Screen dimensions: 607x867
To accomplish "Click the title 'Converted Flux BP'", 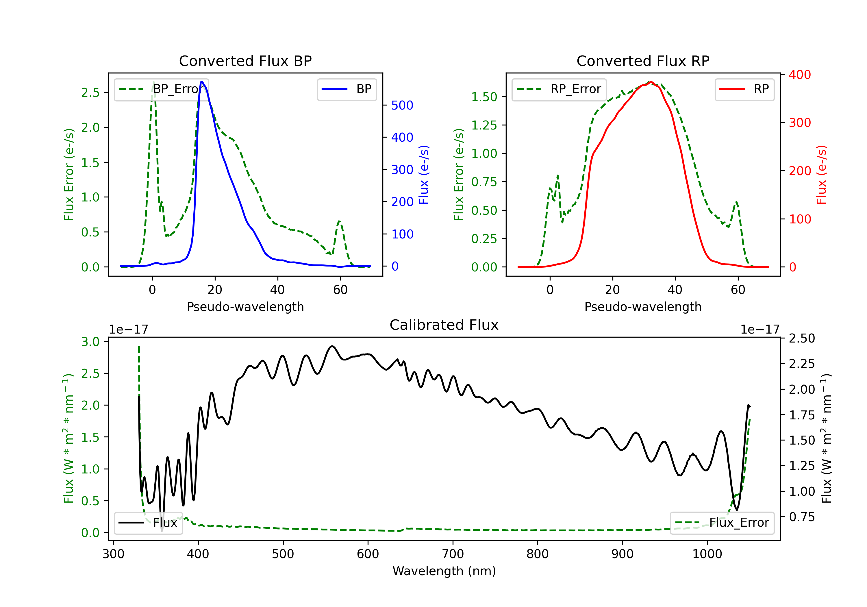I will tap(245, 61).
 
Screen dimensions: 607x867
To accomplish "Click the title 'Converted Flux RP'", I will tap(643, 61).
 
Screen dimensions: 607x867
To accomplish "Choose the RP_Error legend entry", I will tap(559, 89).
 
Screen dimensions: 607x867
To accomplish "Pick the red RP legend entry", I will tap(744, 89).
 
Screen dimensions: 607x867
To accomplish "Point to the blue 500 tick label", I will tap(402, 106).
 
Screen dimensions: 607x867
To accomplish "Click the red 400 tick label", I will tap(800, 75).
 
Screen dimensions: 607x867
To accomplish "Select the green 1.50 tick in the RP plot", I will tap(484, 97).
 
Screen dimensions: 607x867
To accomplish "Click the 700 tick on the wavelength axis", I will tap(453, 554).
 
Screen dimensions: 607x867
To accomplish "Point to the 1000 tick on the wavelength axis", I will tap(707, 554).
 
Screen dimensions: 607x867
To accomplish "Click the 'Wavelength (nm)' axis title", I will tap(444, 571).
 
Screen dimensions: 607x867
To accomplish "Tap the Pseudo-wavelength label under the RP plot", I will tap(643, 307).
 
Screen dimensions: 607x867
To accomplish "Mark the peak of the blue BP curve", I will tap(202, 82).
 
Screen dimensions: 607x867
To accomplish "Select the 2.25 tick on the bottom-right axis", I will tap(802, 364).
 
